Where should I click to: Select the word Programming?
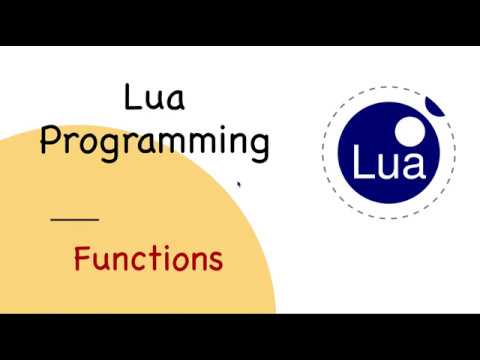(154, 142)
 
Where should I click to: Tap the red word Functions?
(148, 260)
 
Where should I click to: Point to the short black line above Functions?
(74, 218)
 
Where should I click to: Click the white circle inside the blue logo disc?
(411, 130)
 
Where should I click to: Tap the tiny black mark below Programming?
(238, 184)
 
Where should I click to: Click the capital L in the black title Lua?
(132, 99)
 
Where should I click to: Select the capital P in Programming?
(50, 141)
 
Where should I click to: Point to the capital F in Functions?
(83, 259)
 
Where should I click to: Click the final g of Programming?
(259, 146)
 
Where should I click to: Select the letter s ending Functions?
(214, 262)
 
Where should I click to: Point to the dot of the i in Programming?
(206, 128)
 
